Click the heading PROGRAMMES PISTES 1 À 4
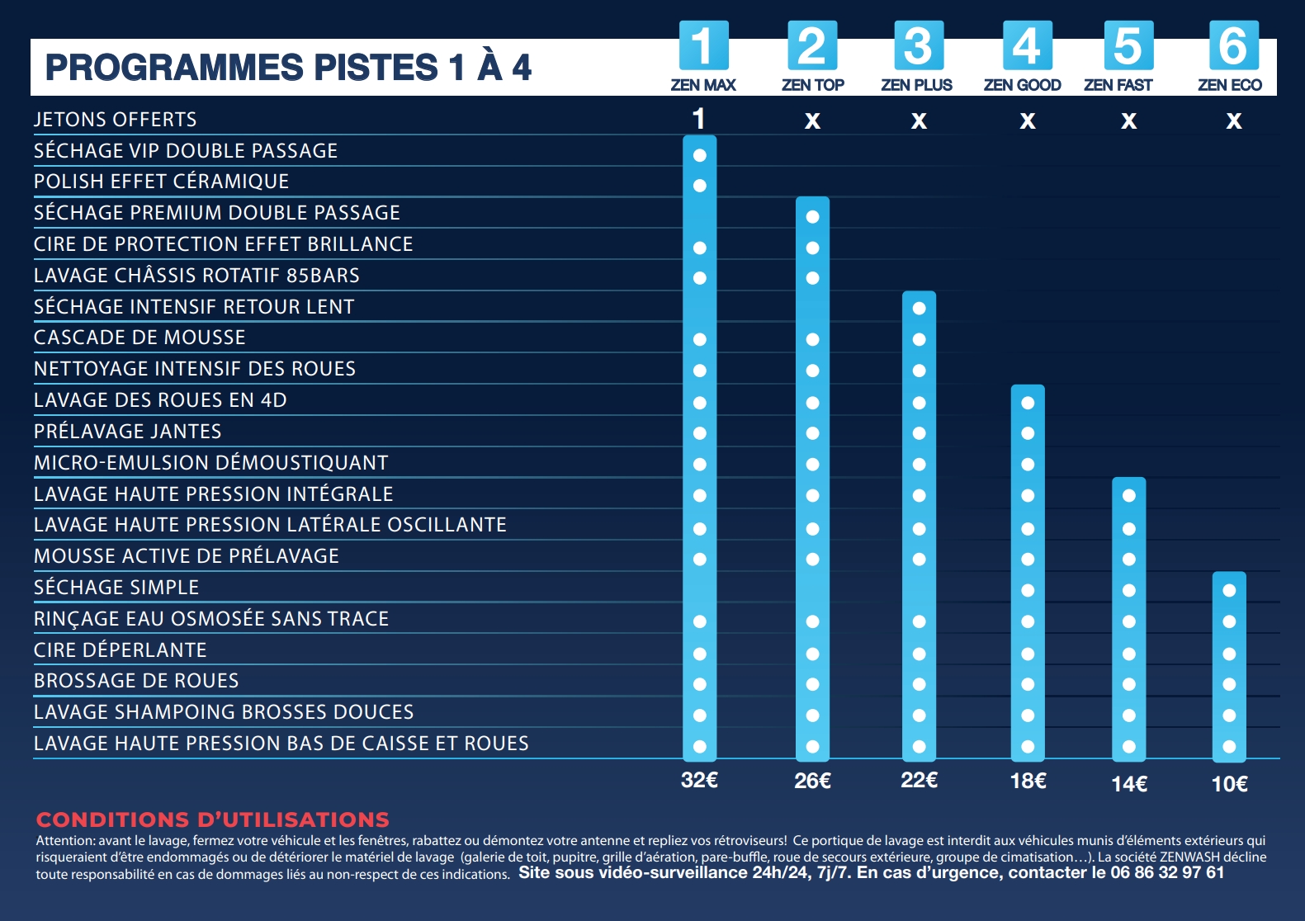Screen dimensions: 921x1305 point(288,68)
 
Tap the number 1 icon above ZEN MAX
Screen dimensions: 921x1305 point(703,45)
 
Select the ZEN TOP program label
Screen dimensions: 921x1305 point(812,85)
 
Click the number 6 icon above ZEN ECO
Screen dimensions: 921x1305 point(1233,45)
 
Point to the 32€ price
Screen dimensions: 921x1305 point(699,780)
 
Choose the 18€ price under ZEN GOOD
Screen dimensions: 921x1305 point(1028,781)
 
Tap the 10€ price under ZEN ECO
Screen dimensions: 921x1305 point(1229,784)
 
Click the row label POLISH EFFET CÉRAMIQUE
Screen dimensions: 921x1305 point(162,182)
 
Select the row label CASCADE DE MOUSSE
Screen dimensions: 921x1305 point(139,338)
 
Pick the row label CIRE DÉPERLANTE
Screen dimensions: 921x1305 point(121,650)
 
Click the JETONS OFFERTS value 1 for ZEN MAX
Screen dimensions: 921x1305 point(699,120)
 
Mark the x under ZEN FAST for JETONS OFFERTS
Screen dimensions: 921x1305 point(1128,121)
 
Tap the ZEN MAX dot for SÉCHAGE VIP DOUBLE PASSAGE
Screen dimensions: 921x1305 point(700,155)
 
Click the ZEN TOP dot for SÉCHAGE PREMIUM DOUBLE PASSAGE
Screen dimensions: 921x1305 point(812,217)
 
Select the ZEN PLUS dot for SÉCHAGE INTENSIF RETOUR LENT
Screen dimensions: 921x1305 point(919,309)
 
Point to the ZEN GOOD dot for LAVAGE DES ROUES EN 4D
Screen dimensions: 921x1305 point(1028,403)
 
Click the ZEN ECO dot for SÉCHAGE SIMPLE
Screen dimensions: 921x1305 point(1229,590)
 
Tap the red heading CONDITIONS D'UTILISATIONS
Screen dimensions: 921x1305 point(213,819)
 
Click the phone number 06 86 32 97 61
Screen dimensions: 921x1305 point(1167,872)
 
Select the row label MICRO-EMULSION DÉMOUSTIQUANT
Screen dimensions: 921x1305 point(211,463)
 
